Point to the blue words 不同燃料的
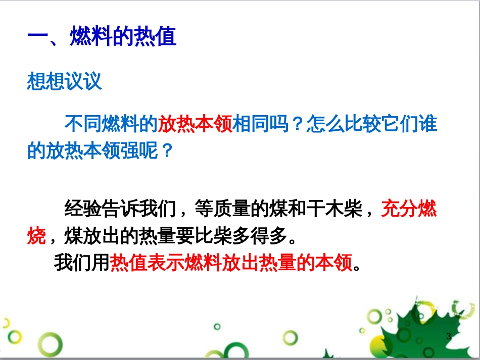(111, 124)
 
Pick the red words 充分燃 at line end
(409, 208)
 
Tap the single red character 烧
(36, 235)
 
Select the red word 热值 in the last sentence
(123, 263)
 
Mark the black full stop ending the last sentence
(358, 267)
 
